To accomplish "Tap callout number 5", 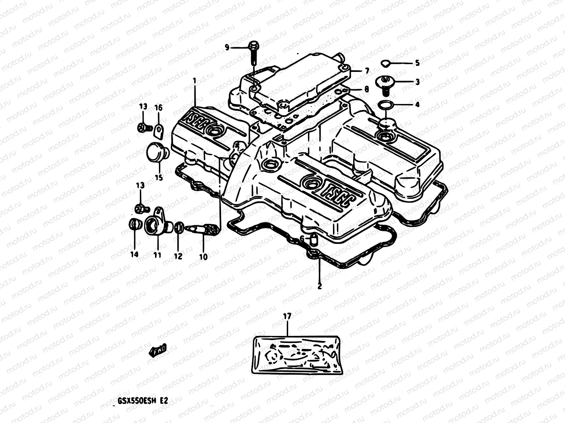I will click(x=417, y=63).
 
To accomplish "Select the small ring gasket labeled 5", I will click(x=386, y=63).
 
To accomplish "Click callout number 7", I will click(x=367, y=71).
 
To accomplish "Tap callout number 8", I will click(x=367, y=90).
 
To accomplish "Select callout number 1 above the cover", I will click(x=194, y=81).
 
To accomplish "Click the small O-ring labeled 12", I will click(x=179, y=227).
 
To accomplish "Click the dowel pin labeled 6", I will click(x=313, y=240).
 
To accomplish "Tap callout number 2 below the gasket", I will click(x=320, y=286).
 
